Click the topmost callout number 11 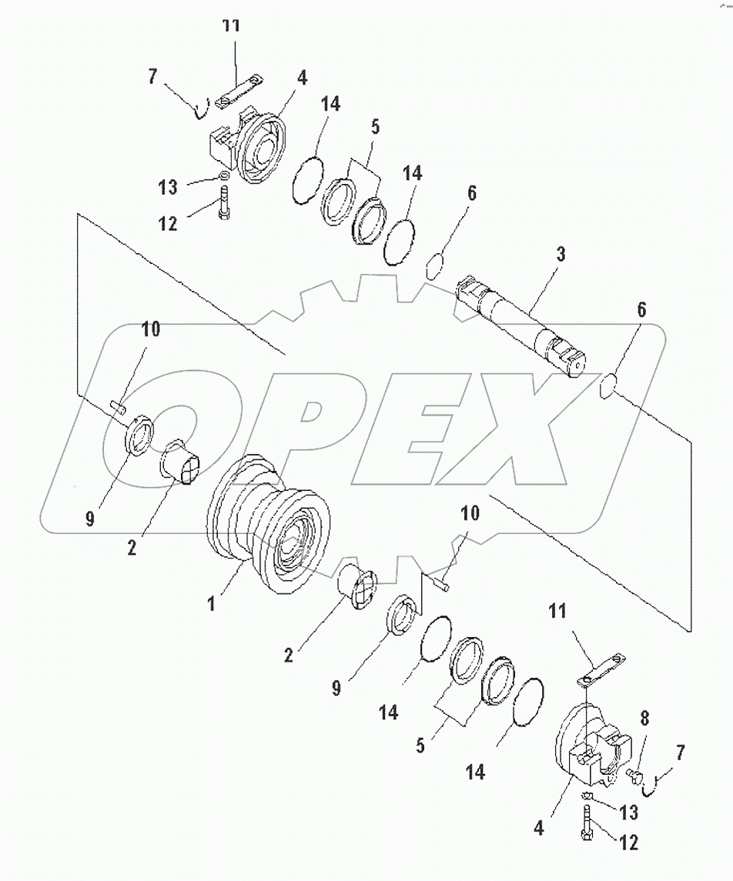tap(231, 26)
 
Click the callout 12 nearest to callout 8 tap(628, 843)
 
